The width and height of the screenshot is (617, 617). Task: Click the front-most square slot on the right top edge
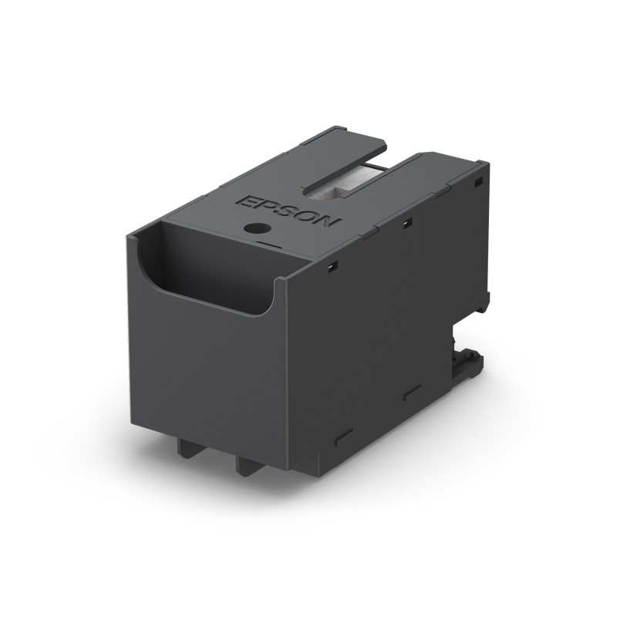pos(332,266)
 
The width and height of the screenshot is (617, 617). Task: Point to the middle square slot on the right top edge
pos(407,223)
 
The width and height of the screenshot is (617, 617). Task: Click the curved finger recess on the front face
pos(208,285)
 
